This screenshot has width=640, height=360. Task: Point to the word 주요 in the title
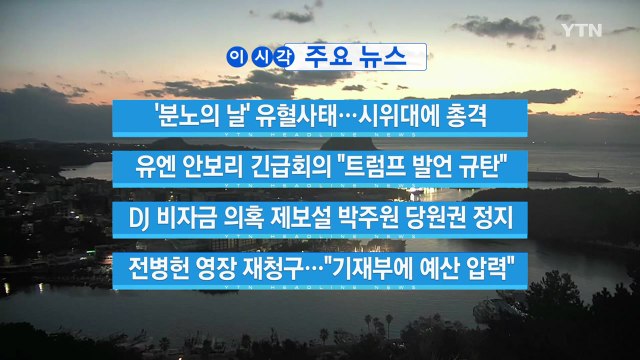[326, 59]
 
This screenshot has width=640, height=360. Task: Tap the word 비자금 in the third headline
[197, 216]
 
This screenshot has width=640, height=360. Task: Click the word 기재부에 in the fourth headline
[385, 267]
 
